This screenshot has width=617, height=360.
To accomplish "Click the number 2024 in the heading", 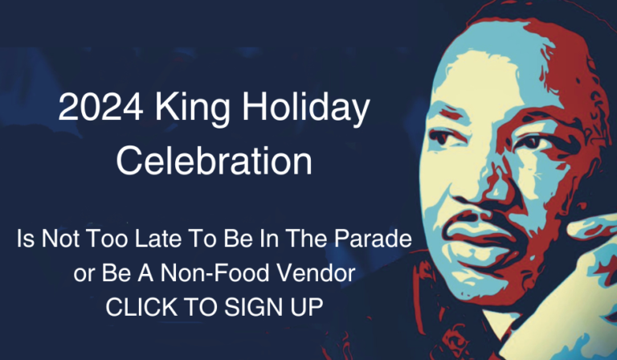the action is [100, 107].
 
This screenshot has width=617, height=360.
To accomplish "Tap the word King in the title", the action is [192, 110].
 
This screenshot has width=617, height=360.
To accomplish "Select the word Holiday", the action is [306, 110].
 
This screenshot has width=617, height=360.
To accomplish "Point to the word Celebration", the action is [214, 161].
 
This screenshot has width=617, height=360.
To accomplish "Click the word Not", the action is [60, 239].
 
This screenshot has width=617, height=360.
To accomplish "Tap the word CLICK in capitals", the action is [141, 307].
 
